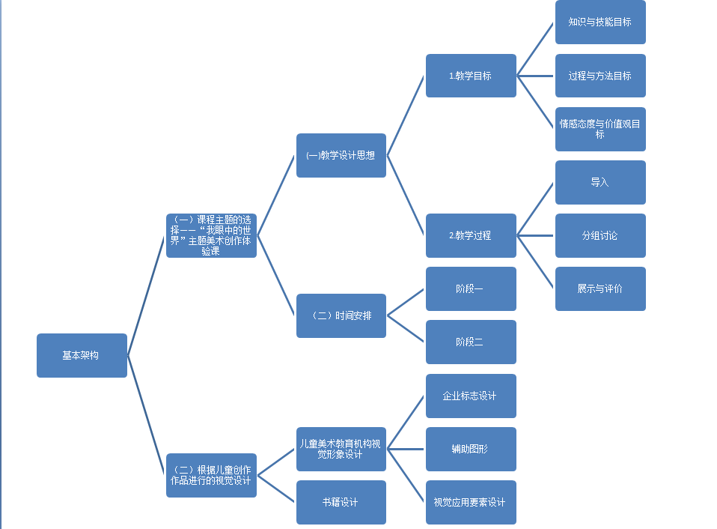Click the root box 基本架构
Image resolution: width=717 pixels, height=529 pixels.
82,355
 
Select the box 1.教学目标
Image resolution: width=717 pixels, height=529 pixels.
471,76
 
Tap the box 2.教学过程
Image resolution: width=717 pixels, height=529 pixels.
471,235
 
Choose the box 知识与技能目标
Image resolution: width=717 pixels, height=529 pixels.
600,22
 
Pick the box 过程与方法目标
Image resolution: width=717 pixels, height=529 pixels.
600,76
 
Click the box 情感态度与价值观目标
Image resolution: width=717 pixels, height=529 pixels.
600,129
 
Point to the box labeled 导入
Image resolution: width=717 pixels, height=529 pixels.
600,182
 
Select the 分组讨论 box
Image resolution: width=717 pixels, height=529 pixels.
600,235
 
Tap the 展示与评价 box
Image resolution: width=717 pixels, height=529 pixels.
600,288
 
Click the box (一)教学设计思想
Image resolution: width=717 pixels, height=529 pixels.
341,155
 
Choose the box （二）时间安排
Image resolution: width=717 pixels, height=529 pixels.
341,315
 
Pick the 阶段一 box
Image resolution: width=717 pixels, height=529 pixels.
471,288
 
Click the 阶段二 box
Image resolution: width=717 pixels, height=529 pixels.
471,342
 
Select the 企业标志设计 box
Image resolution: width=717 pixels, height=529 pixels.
471,396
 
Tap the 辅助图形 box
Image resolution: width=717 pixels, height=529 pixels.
471,449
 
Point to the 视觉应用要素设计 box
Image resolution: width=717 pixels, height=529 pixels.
471,502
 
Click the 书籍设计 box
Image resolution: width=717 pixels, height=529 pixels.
341,502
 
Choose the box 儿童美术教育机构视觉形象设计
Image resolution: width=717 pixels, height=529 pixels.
341,449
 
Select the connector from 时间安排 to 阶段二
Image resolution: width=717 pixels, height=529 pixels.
406,329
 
